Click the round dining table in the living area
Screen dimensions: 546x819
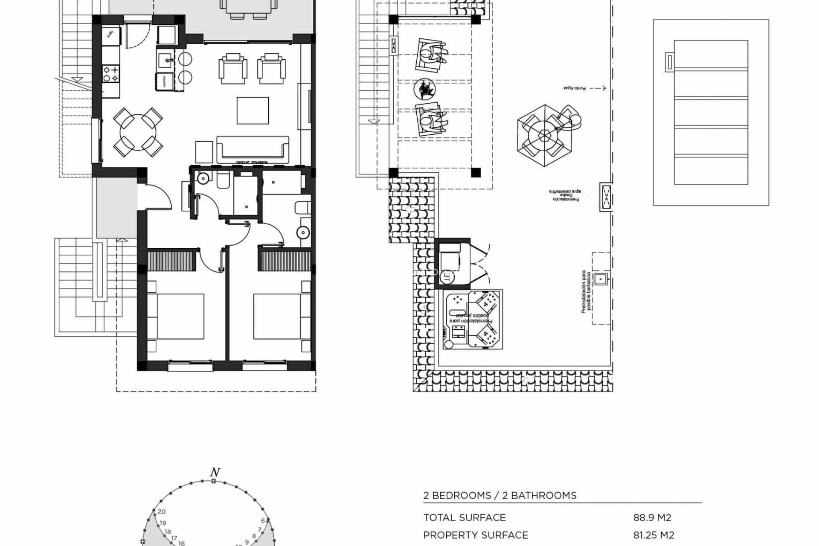[138, 132]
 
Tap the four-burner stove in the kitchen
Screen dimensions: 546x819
[110, 73]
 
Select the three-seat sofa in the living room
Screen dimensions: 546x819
[253, 149]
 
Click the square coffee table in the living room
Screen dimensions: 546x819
[253, 110]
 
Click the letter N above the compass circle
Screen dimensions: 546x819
[215, 473]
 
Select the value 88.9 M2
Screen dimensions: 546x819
[652, 518]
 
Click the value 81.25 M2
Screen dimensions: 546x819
[653, 535]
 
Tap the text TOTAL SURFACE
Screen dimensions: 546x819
[464, 518]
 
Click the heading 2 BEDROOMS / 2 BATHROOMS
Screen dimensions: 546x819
[500, 496]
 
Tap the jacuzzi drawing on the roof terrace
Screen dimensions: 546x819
[473, 319]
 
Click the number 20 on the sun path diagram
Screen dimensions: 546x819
[161, 512]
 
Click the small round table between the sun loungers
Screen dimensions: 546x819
[424, 89]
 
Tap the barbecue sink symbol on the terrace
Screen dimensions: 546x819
[601, 279]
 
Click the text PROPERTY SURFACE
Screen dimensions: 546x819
[475, 535]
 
